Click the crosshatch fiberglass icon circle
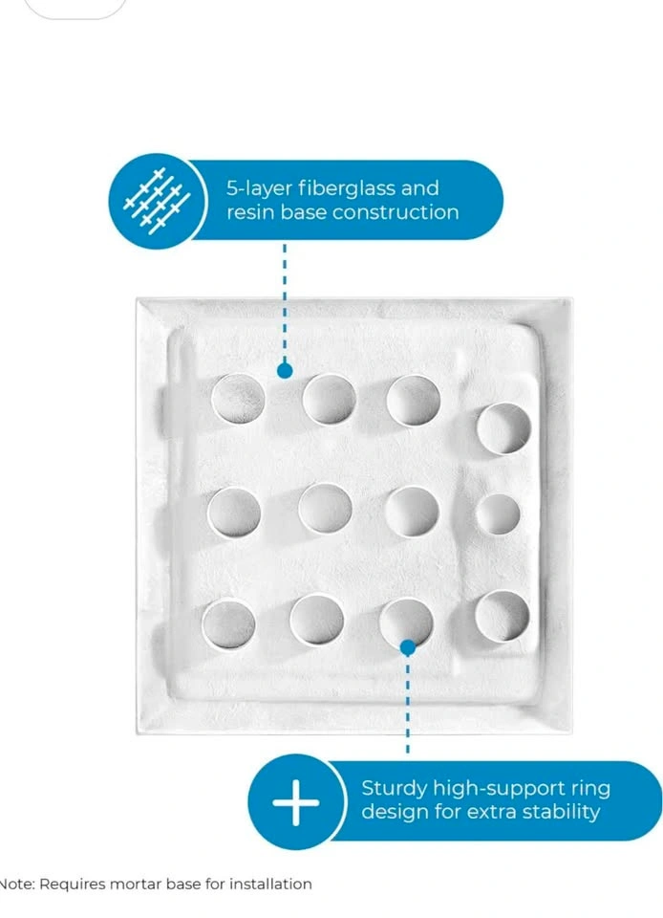(x=158, y=202)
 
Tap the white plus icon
(x=296, y=802)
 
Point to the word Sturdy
(x=394, y=789)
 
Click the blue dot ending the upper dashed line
(x=285, y=371)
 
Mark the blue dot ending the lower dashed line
(x=408, y=647)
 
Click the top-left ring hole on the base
(x=237, y=399)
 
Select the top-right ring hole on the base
(x=503, y=428)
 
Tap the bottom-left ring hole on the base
(x=228, y=624)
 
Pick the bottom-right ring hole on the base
(x=503, y=616)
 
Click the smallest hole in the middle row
(x=498, y=514)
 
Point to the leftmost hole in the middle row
(x=234, y=513)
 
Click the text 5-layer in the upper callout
(x=260, y=189)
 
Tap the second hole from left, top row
(x=330, y=400)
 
